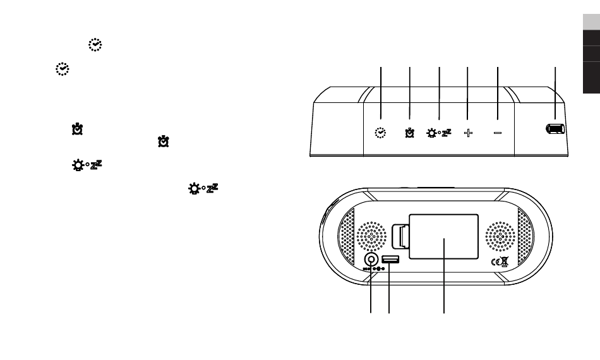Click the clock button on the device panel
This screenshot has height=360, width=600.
[x=380, y=133]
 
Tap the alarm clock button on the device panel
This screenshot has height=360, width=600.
[x=409, y=133]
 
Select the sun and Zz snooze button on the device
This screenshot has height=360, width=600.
[x=439, y=133]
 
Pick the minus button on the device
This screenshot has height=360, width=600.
[x=498, y=133]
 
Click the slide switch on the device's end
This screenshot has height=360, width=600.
[x=555, y=129]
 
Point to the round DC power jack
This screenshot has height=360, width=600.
[x=371, y=260]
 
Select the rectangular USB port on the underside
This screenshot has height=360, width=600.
[x=390, y=260]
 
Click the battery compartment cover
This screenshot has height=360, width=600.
[x=443, y=236]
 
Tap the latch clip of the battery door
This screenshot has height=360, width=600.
[x=400, y=236]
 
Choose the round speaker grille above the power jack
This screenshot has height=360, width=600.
[x=371, y=236]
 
